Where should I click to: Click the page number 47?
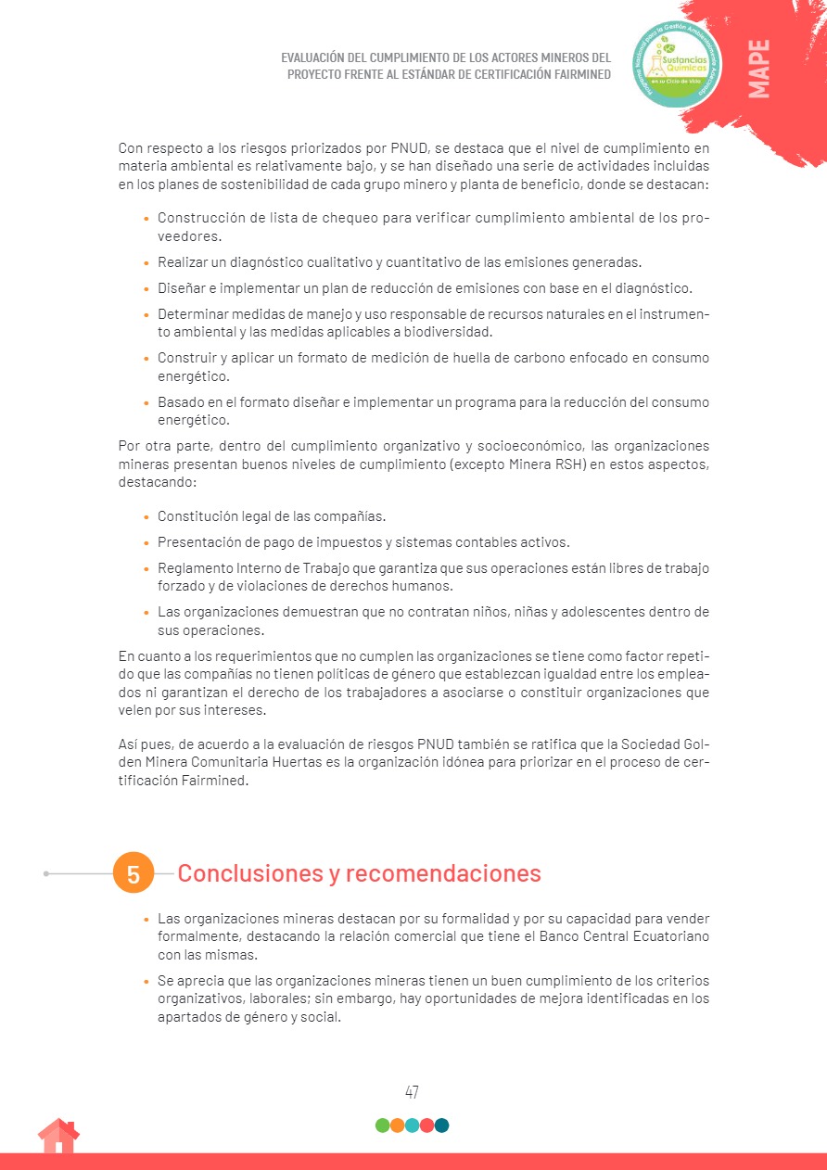tap(412, 1092)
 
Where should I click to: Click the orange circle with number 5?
tap(133, 873)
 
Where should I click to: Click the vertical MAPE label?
tap(758, 69)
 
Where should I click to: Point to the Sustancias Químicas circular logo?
tap(676, 64)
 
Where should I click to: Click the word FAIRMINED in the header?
tap(572, 74)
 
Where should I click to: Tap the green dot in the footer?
tap(382, 1125)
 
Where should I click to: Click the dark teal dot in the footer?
tap(441, 1125)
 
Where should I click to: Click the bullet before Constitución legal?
tap(146, 517)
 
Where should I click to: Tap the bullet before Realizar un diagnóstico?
tap(146, 263)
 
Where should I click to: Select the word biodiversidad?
tap(454, 332)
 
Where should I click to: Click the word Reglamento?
tap(195, 567)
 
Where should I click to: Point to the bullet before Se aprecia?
tap(146, 982)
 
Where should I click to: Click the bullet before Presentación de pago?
tap(146, 542)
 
